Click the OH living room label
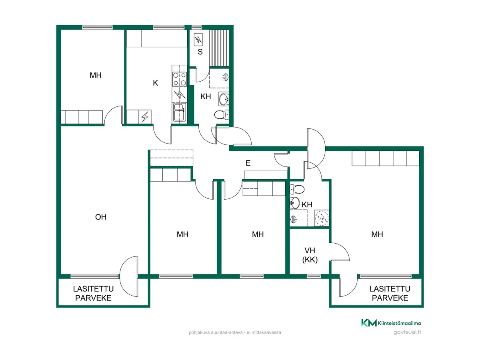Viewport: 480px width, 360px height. [x=100, y=217]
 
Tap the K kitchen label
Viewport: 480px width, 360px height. [x=155, y=83]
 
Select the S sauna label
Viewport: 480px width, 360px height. [x=200, y=52]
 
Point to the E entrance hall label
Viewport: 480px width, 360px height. [x=248, y=163]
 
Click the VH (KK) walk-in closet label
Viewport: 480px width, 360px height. [x=310, y=255]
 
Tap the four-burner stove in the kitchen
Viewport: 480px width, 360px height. [x=180, y=79]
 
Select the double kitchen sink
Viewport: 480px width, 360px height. [x=180, y=112]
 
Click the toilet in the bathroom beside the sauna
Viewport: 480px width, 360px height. [x=222, y=114]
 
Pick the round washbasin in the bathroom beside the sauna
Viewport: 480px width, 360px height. [x=224, y=99]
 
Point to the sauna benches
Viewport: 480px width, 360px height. [x=219, y=48]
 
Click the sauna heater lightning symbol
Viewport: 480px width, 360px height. [x=198, y=40]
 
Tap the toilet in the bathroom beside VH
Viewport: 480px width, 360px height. [x=297, y=189]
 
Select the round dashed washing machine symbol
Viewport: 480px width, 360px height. [x=322, y=218]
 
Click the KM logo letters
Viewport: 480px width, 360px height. [x=369, y=323]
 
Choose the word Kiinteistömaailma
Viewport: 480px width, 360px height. [x=399, y=323]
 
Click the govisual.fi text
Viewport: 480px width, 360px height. [x=407, y=332]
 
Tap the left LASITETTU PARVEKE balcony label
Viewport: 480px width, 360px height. [x=93, y=293]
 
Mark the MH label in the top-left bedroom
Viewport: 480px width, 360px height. [x=96, y=76]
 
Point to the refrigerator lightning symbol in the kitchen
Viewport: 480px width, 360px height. [x=145, y=116]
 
